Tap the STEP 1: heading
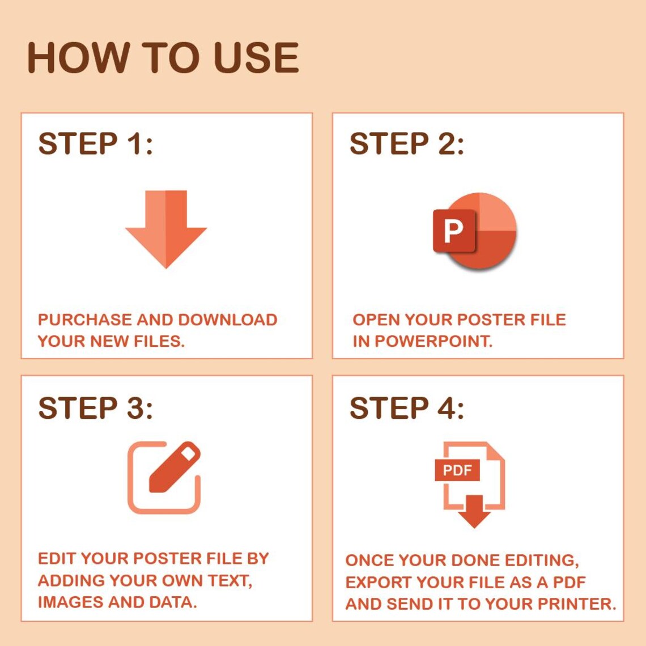pos(95,144)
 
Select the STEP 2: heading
pos(406,144)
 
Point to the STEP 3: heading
pos(95,408)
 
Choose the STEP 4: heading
pos(406,408)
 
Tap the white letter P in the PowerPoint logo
pos(453,231)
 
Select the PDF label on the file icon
pos(457,470)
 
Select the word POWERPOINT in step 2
pos(433,341)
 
